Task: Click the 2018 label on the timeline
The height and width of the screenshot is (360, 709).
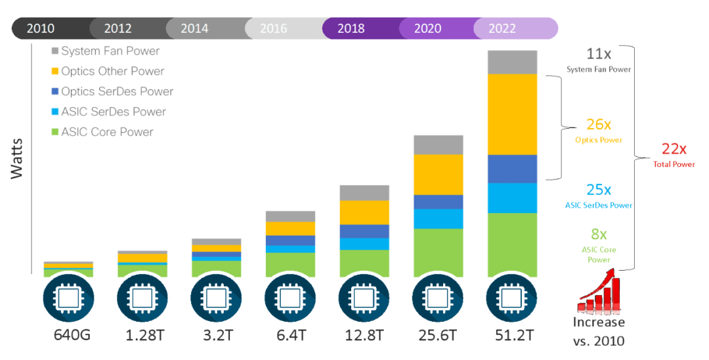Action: pyautogui.click(x=351, y=29)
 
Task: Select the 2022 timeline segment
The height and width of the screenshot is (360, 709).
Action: pyautogui.click(x=502, y=29)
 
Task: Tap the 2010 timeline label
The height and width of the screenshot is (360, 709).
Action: pyautogui.click(x=41, y=29)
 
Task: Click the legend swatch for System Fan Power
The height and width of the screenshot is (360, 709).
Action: pyautogui.click(x=55, y=51)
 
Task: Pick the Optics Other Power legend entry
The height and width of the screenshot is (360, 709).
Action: pyautogui.click(x=112, y=71)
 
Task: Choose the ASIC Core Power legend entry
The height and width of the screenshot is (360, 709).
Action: pyautogui.click(x=107, y=132)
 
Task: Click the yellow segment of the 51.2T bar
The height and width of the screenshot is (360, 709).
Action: pyautogui.click(x=513, y=114)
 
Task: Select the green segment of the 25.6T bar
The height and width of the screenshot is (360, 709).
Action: pyautogui.click(x=439, y=252)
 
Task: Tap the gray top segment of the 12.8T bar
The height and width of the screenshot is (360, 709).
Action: pyautogui.click(x=364, y=192)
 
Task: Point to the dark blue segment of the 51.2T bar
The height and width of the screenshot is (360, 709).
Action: pyautogui.click(x=513, y=169)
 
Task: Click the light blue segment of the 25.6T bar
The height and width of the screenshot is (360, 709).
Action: pyautogui.click(x=439, y=219)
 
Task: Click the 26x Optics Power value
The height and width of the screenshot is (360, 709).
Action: pyautogui.click(x=598, y=124)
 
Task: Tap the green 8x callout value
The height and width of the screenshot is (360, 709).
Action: pyautogui.click(x=598, y=234)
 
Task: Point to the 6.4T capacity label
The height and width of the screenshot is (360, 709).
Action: pyautogui.click(x=290, y=336)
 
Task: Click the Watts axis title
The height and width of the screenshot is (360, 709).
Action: pyautogui.click(x=18, y=158)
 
